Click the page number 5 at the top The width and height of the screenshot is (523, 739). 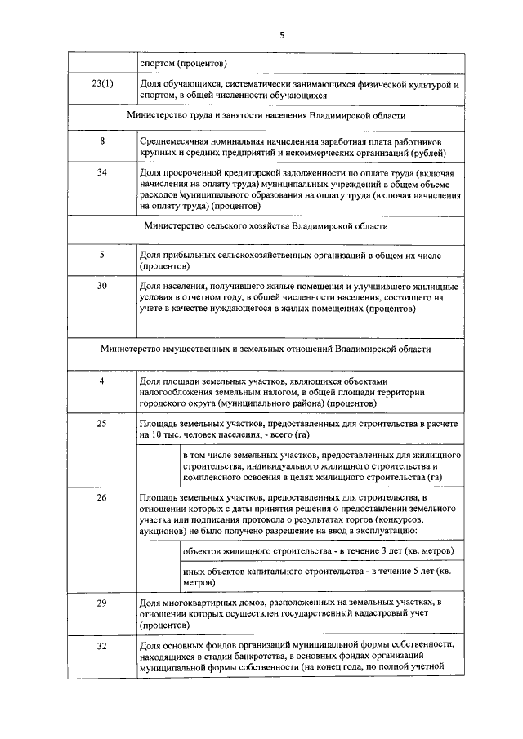click(x=282, y=34)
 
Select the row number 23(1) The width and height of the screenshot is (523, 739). click(x=102, y=84)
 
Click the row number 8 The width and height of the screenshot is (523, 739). click(x=102, y=141)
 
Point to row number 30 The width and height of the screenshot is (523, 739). click(x=102, y=287)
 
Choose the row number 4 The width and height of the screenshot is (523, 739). click(x=102, y=381)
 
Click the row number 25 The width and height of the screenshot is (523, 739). click(x=102, y=424)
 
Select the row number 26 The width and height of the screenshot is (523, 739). click(x=102, y=497)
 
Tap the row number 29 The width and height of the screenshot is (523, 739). click(x=102, y=603)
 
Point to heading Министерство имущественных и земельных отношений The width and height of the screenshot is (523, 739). click(x=266, y=349)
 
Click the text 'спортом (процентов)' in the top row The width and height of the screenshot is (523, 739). click(x=184, y=63)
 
